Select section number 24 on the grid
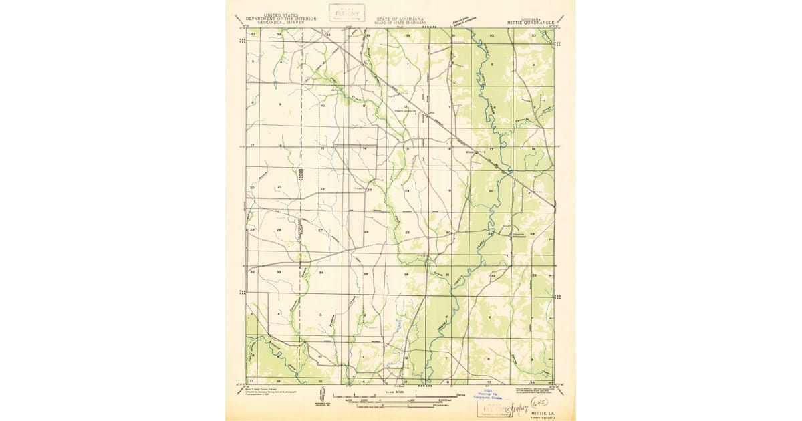click(x=406, y=191)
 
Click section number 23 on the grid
click(x=369, y=190)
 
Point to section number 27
click(x=320, y=231)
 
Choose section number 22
click(x=322, y=190)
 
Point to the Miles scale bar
click(x=401, y=396)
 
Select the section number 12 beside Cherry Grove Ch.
click(x=405, y=106)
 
